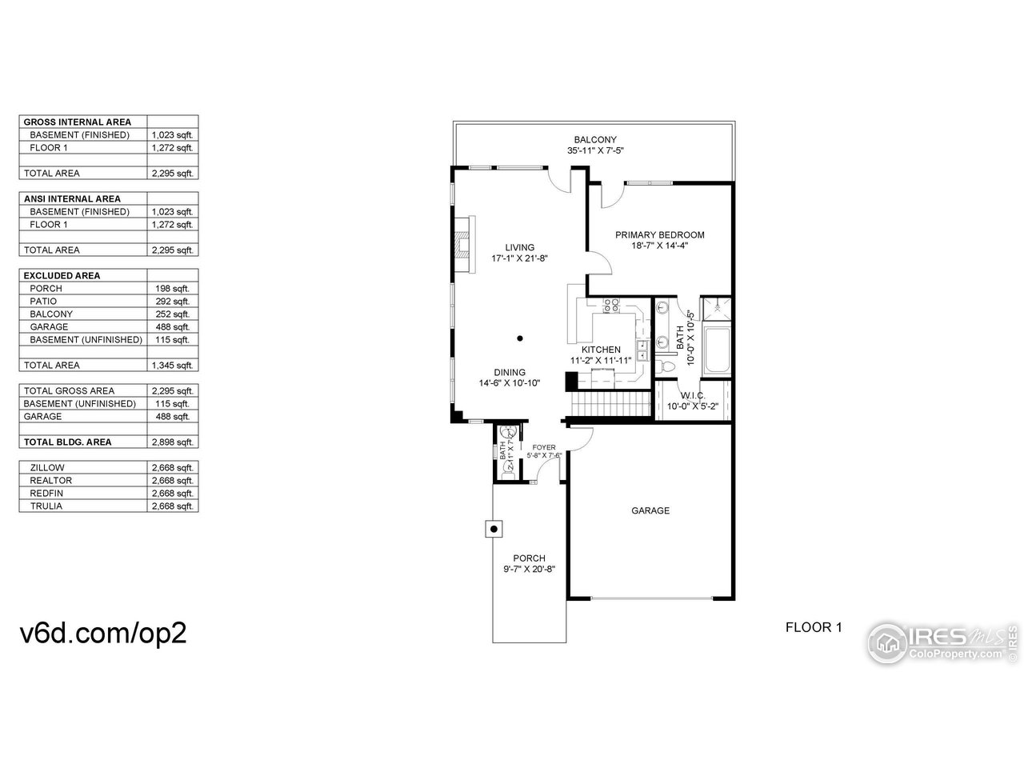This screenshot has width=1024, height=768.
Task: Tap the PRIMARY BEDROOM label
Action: pyautogui.click(x=659, y=235)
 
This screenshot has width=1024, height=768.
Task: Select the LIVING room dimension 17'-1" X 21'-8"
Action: pyautogui.click(x=519, y=258)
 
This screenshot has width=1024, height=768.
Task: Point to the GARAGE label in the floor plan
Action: pyautogui.click(x=650, y=510)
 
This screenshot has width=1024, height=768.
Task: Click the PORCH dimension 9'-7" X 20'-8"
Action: pyautogui.click(x=529, y=570)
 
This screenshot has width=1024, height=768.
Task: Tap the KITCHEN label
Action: pyautogui.click(x=601, y=350)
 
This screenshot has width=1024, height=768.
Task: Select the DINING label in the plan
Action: pyautogui.click(x=509, y=372)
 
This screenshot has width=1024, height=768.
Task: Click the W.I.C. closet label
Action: pyautogui.click(x=693, y=395)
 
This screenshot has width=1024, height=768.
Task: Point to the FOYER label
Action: pyautogui.click(x=544, y=447)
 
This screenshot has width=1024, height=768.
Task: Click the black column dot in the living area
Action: pyautogui.click(x=520, y=338)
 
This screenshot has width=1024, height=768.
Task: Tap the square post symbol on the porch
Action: pyautogui.click(x=494, y=528)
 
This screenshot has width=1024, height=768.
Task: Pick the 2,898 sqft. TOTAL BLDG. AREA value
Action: pyautogui.click(x=172, y=442)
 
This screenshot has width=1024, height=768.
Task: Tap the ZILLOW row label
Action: pyautogui.click(x=47, y=467)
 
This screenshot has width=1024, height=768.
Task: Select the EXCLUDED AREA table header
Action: pyautogui.click(x=62, y=275)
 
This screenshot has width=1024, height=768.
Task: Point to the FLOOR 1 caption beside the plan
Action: pyautogui.click(x=814, y=627)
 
